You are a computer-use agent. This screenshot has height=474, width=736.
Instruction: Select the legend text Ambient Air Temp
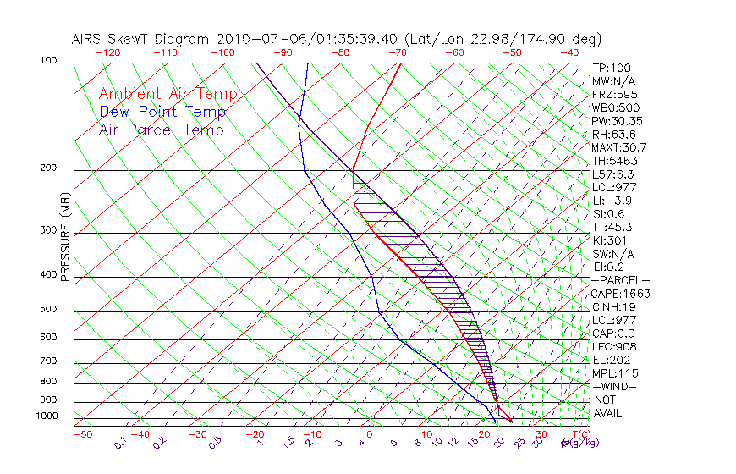click(168, 95)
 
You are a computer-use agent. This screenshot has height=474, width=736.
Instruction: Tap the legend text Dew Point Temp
click(162, 113)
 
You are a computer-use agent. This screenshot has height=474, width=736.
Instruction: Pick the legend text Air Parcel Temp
click(162, 130)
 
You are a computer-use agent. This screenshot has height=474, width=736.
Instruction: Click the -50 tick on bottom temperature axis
click(82, 435)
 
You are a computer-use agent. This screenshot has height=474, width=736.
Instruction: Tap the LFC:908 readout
click(614, 347)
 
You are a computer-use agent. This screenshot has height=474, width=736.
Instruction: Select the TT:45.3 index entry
click(613, 227)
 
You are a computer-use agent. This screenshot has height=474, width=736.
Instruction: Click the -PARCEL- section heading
click(620, 280)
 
